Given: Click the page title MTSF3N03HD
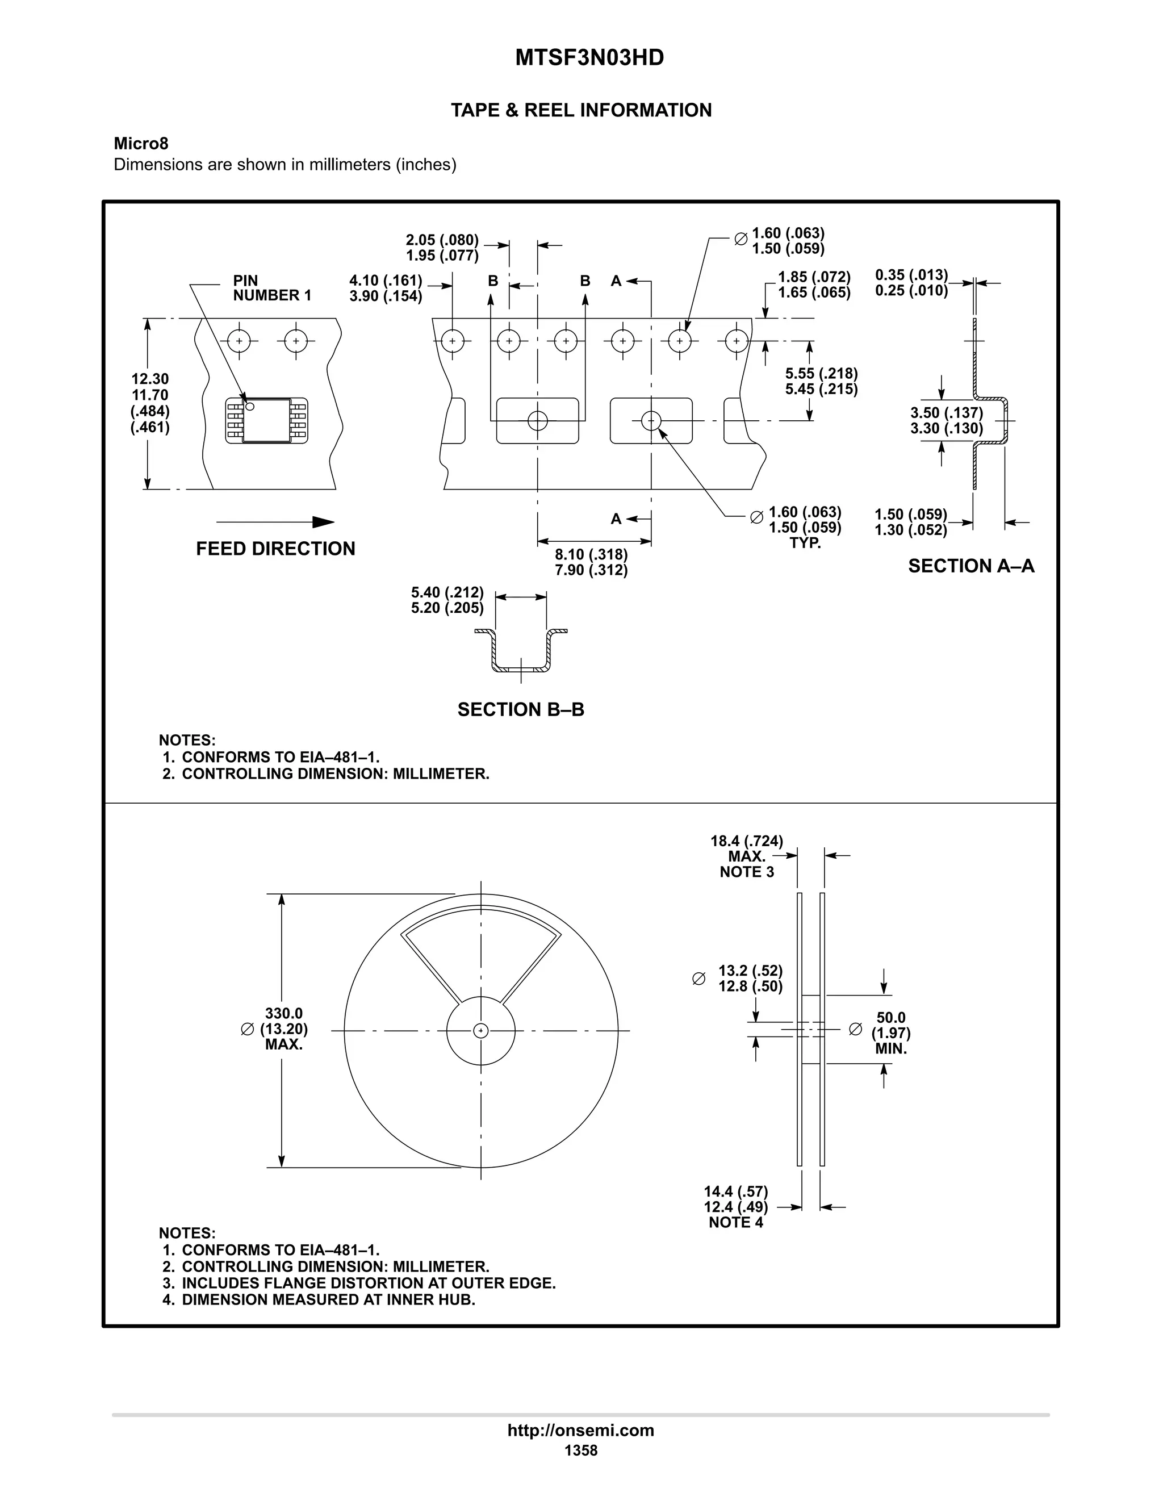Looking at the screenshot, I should pyautogui.click(x=589, y=58).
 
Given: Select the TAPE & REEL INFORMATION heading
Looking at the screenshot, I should pyautogui.click(x=581, y=110).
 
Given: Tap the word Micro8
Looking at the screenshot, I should pyautogui.click(x=141, y=143).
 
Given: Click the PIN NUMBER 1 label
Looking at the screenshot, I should pyautogui.click(x=271, y=288).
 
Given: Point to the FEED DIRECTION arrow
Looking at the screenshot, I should pyautogui.click(x=275, y=522).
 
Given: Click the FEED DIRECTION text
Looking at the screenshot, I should pyautogui.click(x=275, y=549).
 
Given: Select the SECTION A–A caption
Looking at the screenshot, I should pyautogui.click(x=970, y=566).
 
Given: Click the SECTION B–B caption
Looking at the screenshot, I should pyautogui.click(x=521, y=710).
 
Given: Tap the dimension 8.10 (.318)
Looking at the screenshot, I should pyautogui.click(x=591, y=554).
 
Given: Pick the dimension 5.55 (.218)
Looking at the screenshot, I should pyautogui.click(x=821, y=374).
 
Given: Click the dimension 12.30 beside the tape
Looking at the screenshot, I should pyautogui.click(x=150, y=379).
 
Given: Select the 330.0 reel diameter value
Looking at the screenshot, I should pyautogui.click(x=284, y=1013).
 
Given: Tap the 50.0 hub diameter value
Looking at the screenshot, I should pyautogui.click(x=891, y=1017).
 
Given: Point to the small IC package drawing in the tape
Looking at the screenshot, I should pyautogui.click(x=267, y=420).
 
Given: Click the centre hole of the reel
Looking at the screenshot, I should pyautogui.click(x=481, y=1031).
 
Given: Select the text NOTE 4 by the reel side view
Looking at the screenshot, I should pyautogui.click(x=736, y=1223).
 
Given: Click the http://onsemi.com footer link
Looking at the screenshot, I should pyautogui.click(x=581, y=1430).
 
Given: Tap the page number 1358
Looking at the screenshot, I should pyautogui.click(x=581, y=1450).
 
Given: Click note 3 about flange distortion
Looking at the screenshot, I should pyautogui.click(x=358, y=1283).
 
